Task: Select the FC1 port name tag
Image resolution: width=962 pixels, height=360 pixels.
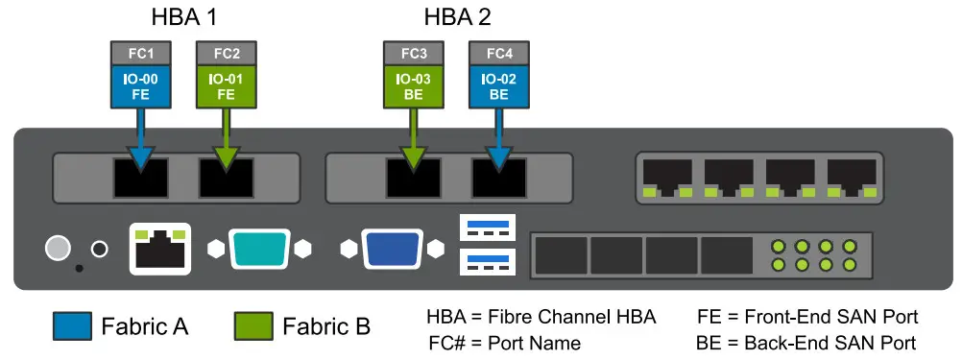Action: (x=140, y=53)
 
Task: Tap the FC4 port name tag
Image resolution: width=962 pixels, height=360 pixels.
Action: (x=499, y=53)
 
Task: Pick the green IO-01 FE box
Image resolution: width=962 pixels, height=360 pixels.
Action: (x=226, y=85)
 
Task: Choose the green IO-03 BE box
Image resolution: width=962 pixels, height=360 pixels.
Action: (x=414, y=85)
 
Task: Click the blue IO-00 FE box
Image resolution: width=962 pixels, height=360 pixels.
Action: (x=140, y=85)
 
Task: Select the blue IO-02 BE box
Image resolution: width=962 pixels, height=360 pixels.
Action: (x=499, y=85)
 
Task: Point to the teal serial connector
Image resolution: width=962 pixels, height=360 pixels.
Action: (x=257, y=249)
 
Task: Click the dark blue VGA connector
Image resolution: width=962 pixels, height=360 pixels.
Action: (x=391, y=249)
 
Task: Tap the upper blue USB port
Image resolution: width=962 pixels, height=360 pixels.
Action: (x=488, y=228)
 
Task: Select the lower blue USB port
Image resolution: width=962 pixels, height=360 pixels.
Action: (x=488, y=261)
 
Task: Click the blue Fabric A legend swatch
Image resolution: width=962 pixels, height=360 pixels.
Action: (x=71, y=326)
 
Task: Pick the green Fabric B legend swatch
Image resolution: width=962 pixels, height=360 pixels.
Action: (x=253, y=326)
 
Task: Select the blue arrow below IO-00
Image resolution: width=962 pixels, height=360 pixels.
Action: (x=140, y=134)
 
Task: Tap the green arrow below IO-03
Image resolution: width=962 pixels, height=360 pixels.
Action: (x=414, y=134)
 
